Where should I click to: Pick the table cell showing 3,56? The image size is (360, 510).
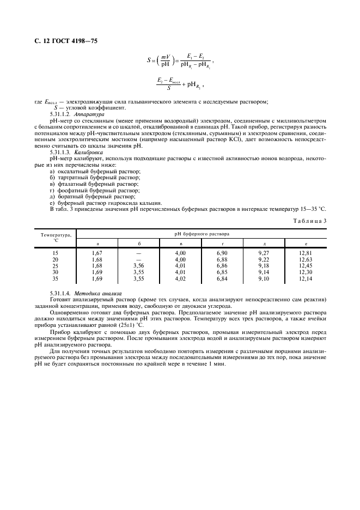click(138, 265)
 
